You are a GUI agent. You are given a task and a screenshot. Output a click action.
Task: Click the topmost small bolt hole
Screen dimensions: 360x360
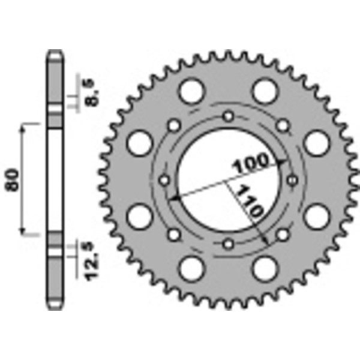(x=228, y=116)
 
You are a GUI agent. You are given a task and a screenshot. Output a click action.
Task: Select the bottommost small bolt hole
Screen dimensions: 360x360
(x=228, y=244)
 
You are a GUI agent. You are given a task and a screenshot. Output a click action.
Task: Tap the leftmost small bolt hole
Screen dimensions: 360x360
(x=164, y=179)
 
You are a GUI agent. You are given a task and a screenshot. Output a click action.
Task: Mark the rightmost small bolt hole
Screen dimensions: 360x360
(x=292, y=179)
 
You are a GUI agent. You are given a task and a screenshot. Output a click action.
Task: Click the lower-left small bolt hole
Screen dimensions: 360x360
(x=174, y=234)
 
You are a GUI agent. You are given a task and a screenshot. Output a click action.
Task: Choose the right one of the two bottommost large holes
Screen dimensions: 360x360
(x=264, y=269)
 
